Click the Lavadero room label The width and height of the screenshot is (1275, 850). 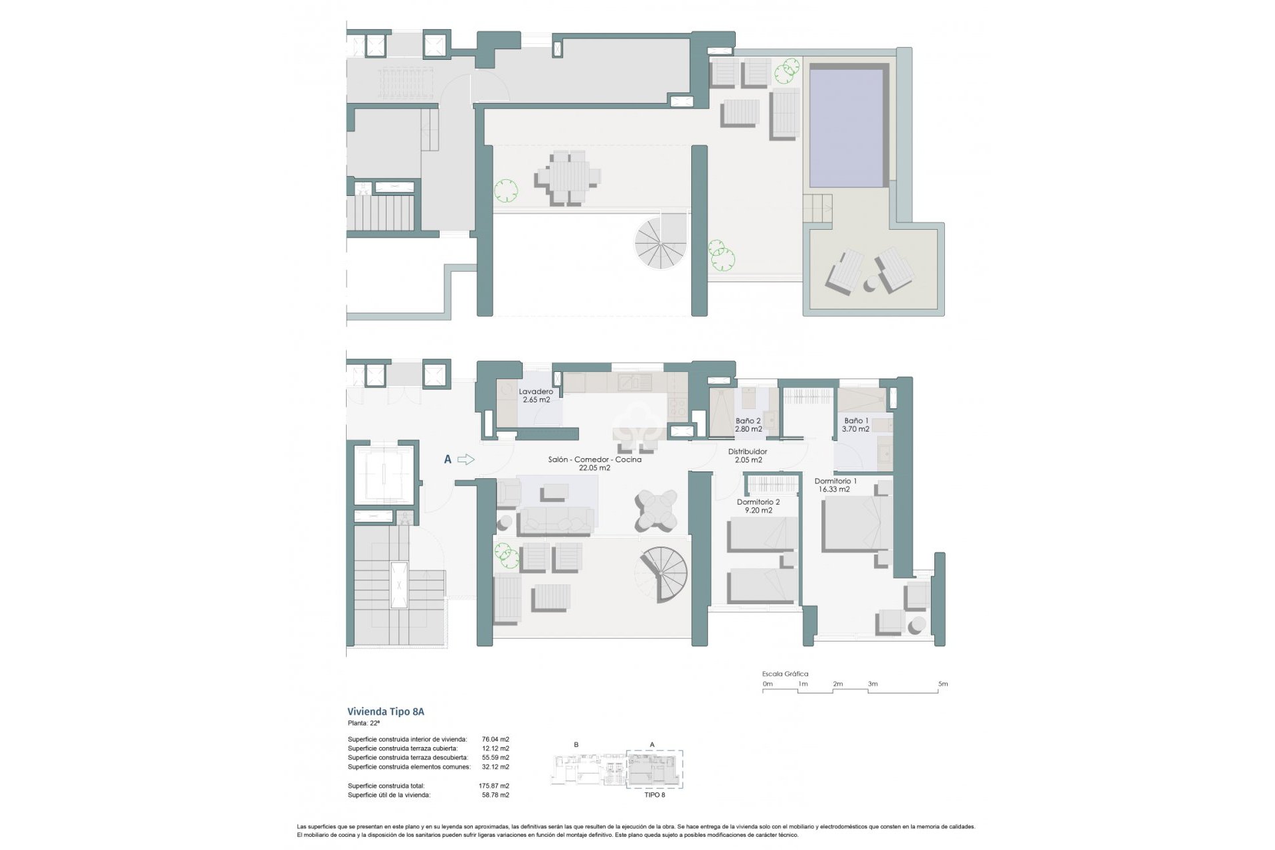pyautogui.click(x=535, y=392)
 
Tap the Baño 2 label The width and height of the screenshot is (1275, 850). pyautogui.click(x=748, y=421)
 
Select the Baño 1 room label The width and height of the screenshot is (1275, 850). pyautogui.click(x=855, y=421)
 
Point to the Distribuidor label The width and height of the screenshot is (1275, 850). pyautogui.click(x=748, y=452)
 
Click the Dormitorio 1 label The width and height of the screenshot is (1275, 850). pyautogui.click(x=835, y=481)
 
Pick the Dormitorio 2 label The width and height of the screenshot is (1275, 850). pyautogui.click(x=758, y=502)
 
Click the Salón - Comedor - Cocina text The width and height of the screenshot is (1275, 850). pyautogui.click(x=594, y=460)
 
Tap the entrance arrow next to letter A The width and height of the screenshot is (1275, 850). pyautogui.click(x=466, y=459)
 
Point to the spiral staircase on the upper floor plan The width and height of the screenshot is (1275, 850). pyautogui.click(x=661, y=243)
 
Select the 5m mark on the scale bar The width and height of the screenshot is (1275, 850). pyautogui.click(x=942, y=684)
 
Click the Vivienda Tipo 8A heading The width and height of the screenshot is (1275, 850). pyautogui.click(x=386, y=711)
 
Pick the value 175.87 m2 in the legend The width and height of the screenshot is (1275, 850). pyautogui.click(x=494, y=786)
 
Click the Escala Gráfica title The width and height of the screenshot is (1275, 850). pyautogui.click(x=785, y=674)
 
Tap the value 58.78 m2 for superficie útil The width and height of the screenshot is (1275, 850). pyautogui.click(x=495, y=795)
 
